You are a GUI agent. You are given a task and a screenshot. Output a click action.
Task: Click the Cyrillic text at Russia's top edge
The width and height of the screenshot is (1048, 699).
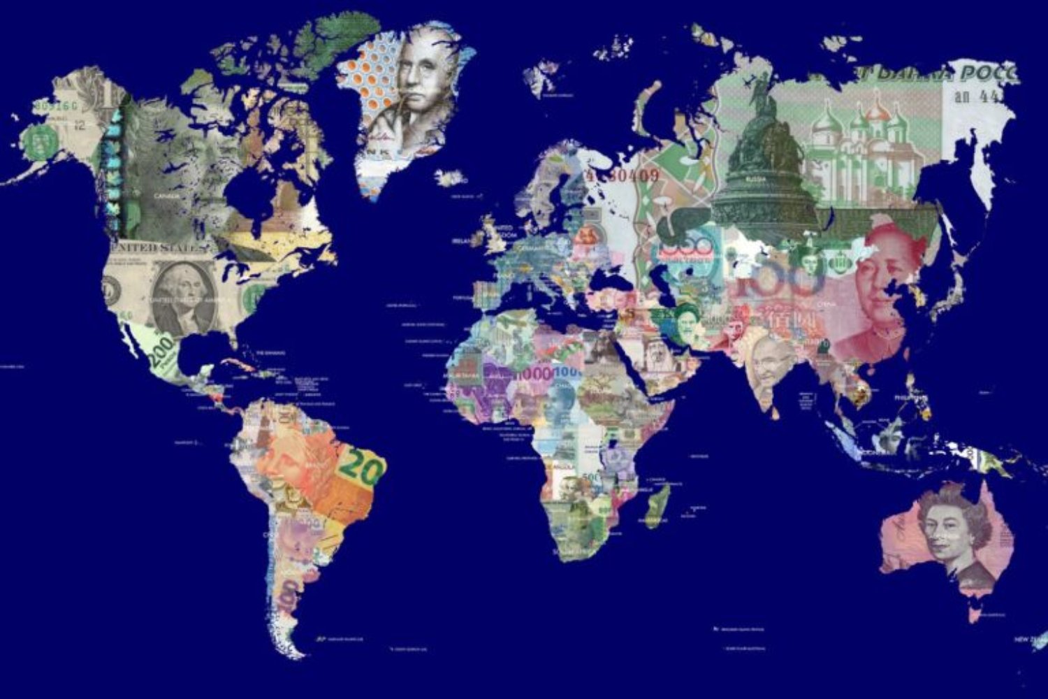click(x=929, y=74)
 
